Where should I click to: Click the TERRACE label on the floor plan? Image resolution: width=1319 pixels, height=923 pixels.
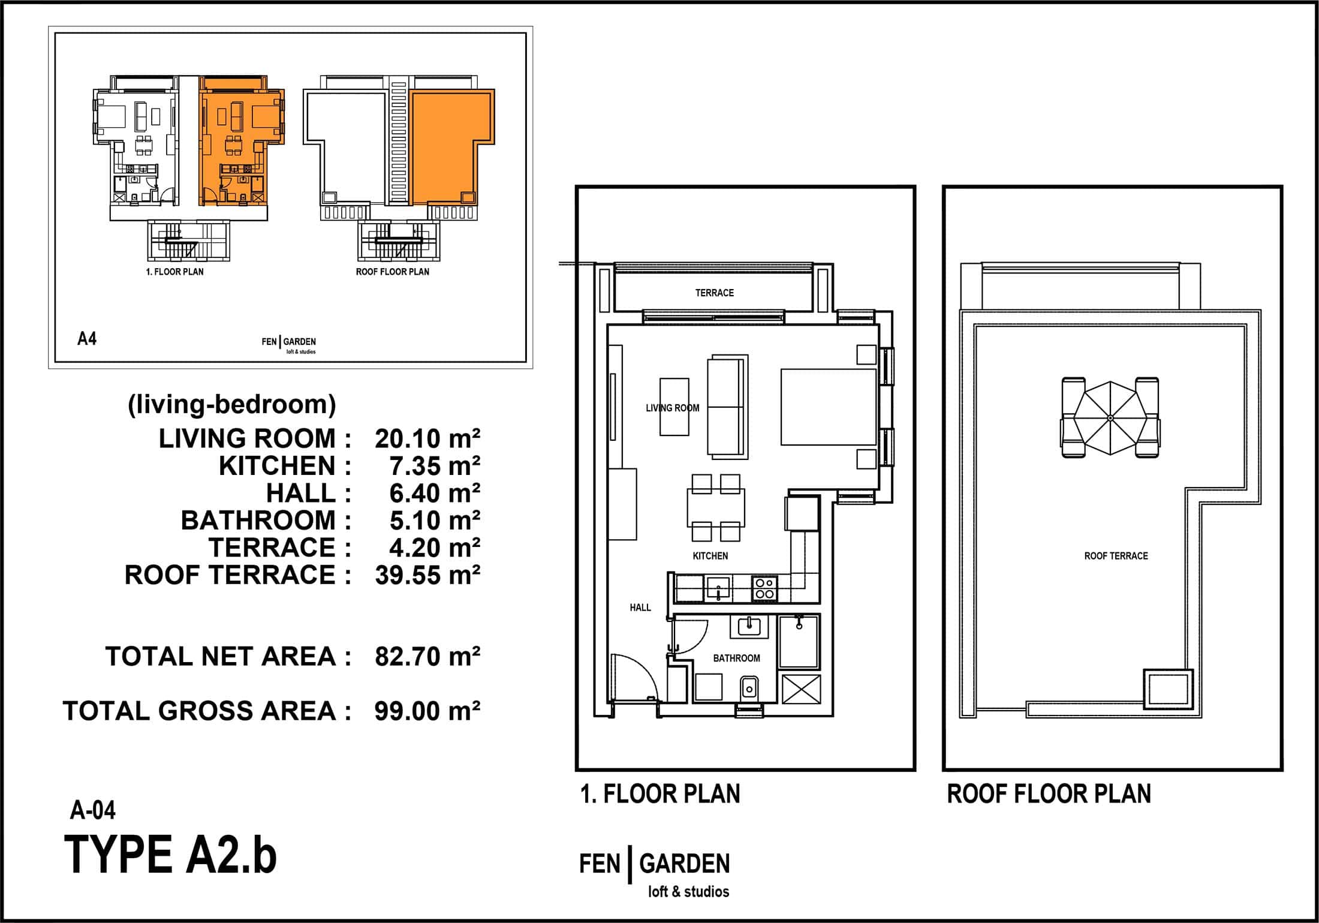(x=714, y=293)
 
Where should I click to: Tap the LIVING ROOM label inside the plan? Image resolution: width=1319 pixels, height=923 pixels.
(x=672, y=408)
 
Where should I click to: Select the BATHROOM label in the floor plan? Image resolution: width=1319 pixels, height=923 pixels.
(x=736, y=658)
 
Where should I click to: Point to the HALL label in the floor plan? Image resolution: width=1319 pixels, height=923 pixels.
(x=640, y=608)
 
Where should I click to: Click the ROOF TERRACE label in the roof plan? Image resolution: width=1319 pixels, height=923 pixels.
(x=1116, y=556)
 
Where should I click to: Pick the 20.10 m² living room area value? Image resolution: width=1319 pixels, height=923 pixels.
(x=427, y=438)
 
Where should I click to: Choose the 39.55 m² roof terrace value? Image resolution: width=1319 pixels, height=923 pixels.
(x=427, y=575)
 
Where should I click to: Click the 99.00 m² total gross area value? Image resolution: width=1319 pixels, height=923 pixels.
(x=427, y=711)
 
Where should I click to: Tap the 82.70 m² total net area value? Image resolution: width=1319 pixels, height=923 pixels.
(x=427, y=656)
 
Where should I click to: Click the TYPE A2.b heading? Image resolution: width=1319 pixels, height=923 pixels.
(x=170, y=855)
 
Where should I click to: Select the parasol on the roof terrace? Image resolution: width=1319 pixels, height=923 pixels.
(x=1110, y=418)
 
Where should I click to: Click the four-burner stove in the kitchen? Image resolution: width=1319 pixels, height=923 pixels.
(x=764, y=588)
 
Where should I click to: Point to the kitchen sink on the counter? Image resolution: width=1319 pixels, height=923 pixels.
(x=718, y=588)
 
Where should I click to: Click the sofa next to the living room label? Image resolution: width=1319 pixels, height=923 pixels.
(x=728, y=407)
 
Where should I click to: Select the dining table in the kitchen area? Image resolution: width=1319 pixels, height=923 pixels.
(x=716, y=507)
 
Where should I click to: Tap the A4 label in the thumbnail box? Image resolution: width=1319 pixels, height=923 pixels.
(x=87, y=339)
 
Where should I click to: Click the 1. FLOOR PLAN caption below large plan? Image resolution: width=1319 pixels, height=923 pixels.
(x=660, y=793)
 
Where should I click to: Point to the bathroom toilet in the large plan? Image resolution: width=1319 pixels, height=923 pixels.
(x=749, y=687)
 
